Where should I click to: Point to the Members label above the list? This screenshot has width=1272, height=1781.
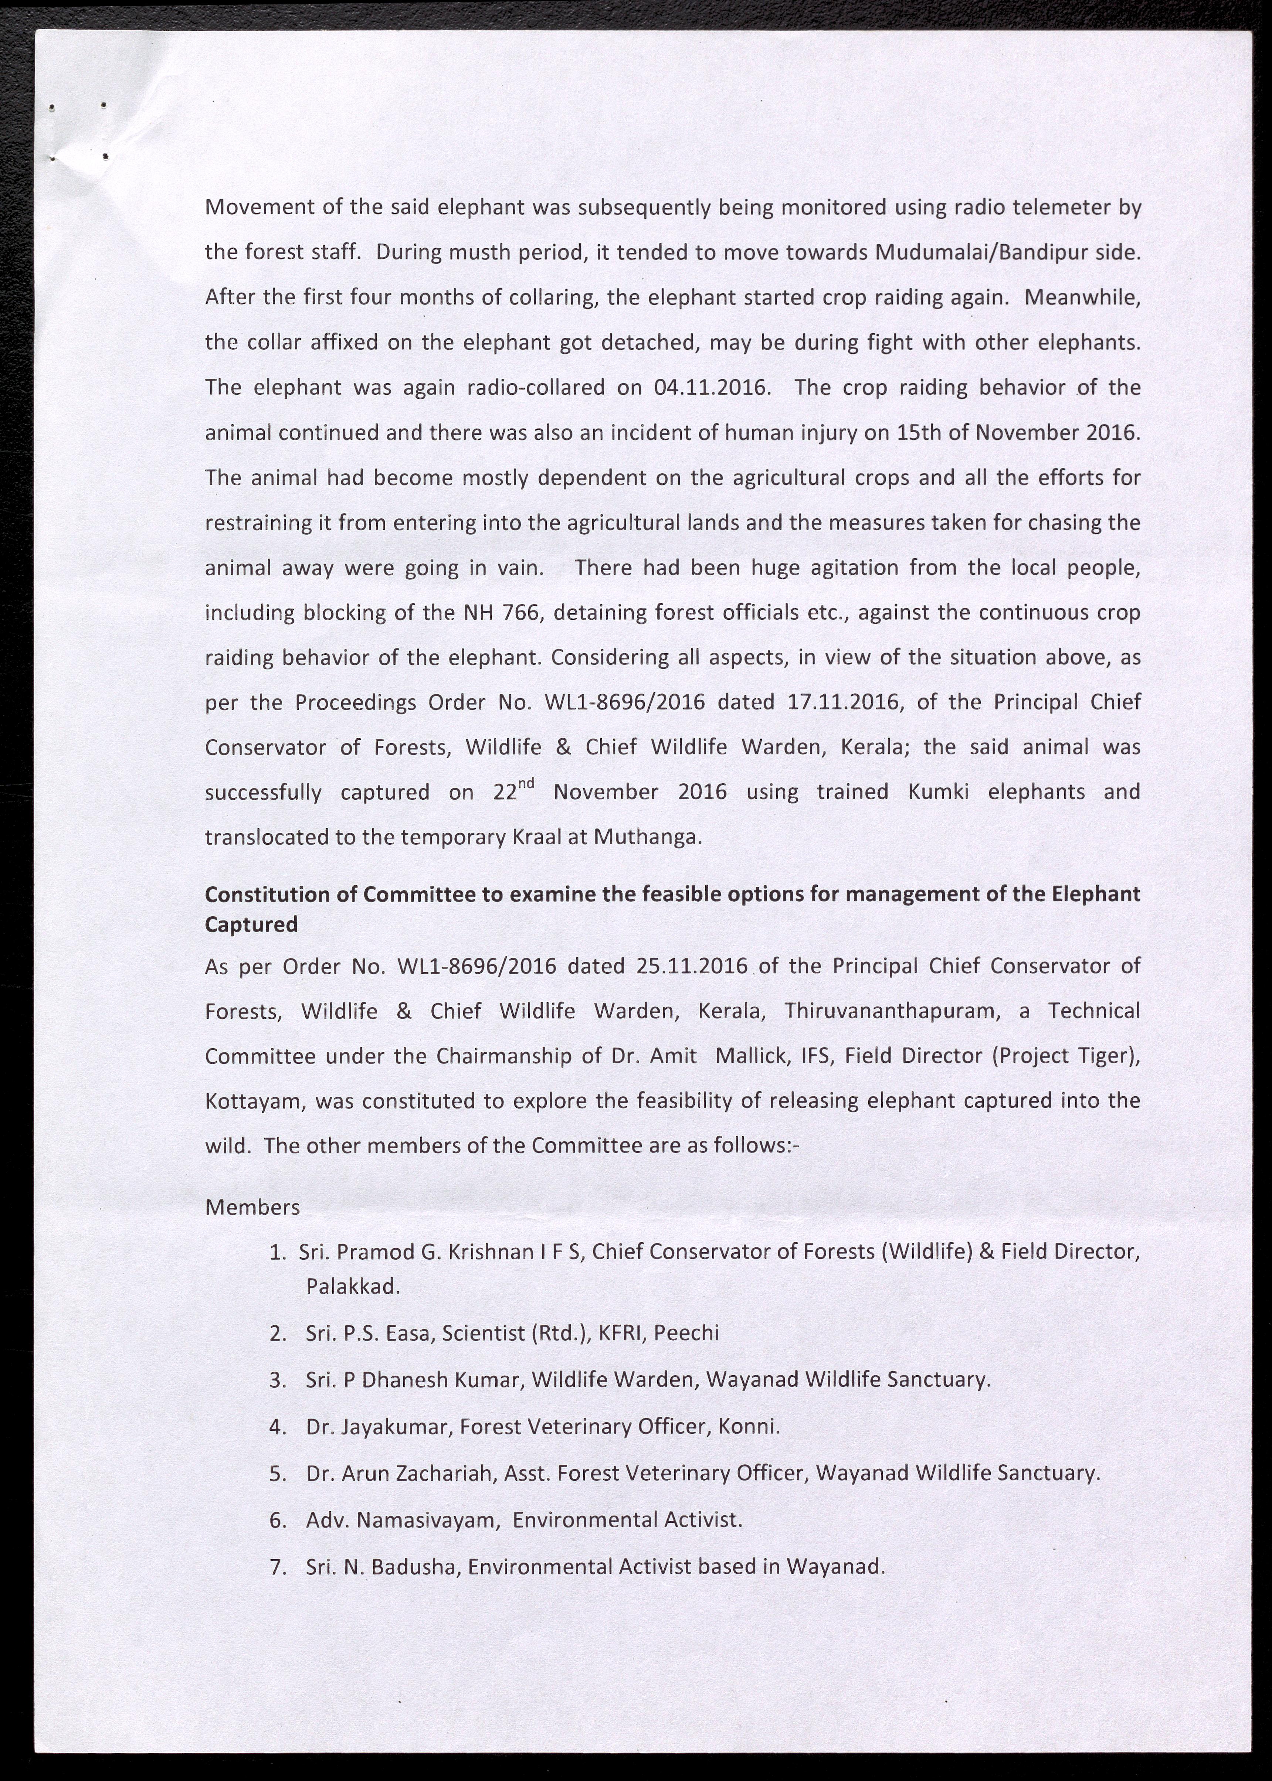click(252, 1207)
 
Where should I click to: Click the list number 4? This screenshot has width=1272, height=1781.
click(276, 1426)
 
